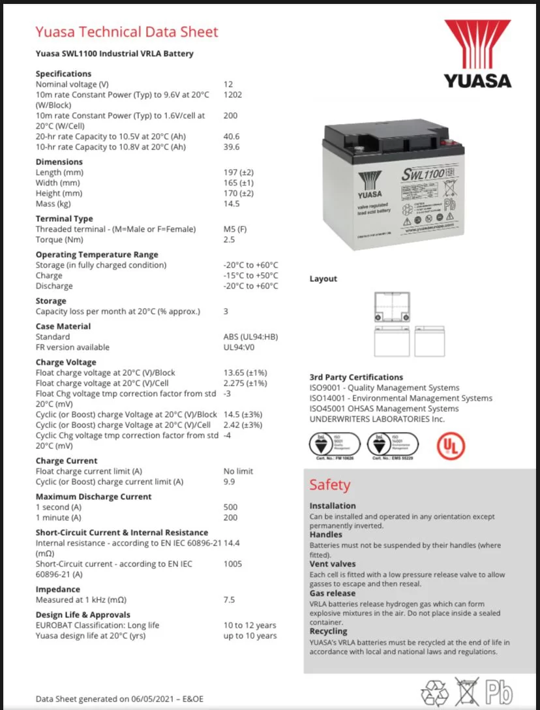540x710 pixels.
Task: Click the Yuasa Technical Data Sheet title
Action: click(x=127, y=31)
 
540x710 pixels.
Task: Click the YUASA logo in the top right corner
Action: click(x=477, y=54)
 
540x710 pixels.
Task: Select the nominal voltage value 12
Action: click(x=228, y=84)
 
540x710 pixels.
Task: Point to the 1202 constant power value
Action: click(x=232, y=95)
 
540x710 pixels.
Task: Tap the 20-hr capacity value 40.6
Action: click(x=232, y=136)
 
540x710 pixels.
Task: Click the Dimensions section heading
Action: click(x=59, y=162)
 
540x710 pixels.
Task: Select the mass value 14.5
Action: click(x=232, y=204)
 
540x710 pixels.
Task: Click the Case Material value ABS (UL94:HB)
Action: click(x=250, y=337)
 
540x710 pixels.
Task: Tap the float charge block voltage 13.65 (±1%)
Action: click(x=245, y=373)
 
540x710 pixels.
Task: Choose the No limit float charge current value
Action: click(x=238, y=471)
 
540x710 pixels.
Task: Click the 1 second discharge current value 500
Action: click(x=231, y=507)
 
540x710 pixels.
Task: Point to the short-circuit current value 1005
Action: click(x=233, y=564)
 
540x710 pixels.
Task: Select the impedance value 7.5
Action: click(x=229, y=600)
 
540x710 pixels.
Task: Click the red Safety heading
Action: click(x=329, y=485)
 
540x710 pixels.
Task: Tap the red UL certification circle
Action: click(x=451, y=445)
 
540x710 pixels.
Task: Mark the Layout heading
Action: click(x=323, y=279)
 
